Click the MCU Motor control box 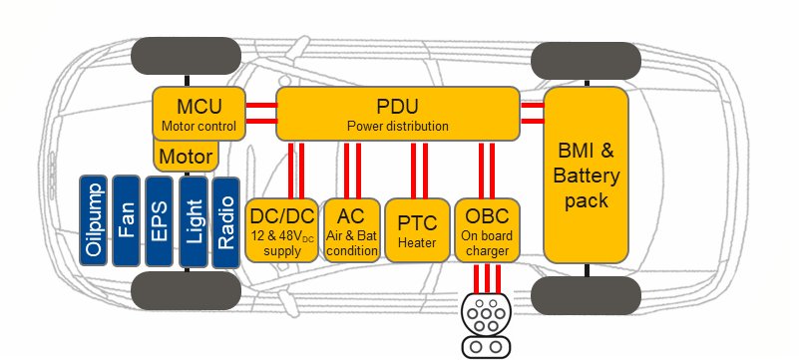(x=199, y=113)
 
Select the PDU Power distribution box (x=397, y=113)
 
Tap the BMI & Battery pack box (x=586, y=175)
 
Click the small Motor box (x=187, y=157)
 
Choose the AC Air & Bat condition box (x=351, y=230)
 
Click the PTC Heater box (x=418, y=230)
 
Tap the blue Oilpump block (x=94, y=220)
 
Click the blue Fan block (x=127, y=220)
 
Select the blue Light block (x=194, y=220)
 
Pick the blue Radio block (x=225, y=220)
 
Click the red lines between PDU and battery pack (x=532, y=113)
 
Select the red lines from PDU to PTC (x=418, y=169)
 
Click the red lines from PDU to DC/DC (x=296, y=169)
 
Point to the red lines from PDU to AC (x=351, y=169)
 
